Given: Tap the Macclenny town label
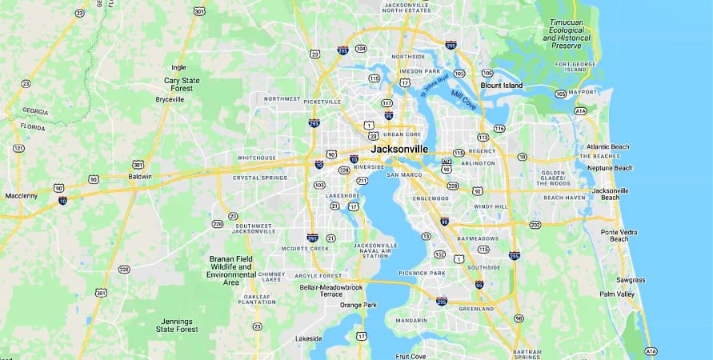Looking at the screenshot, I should [x=21, y=194].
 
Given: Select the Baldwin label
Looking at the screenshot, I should [x=140, y=176].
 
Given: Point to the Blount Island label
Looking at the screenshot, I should [x=501, y=86].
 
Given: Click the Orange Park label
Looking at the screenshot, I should [x=358, y=305].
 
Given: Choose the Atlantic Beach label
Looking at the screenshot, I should [x=608, y=146].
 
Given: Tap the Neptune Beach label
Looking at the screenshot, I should [x=609, y=168].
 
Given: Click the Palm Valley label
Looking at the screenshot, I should [x=617, y=294].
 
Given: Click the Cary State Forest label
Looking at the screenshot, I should [x=182, y=85].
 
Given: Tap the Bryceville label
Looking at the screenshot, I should [x=170, y=100].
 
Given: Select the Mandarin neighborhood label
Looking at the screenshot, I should [x=411, y=321].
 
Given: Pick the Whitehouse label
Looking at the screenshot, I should [x=256, y=158].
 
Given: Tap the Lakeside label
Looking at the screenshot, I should [x=308, y=338].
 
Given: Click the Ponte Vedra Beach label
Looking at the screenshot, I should [x=619, y=235].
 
